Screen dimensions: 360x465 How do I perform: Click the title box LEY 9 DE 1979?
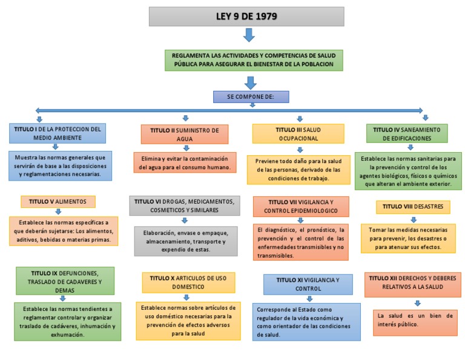246,16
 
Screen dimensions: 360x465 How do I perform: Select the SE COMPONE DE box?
251,97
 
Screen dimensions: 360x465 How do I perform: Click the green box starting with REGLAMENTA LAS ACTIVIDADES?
254,60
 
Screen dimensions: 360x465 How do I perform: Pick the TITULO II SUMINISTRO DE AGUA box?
185,134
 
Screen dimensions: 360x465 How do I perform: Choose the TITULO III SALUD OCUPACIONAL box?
298,134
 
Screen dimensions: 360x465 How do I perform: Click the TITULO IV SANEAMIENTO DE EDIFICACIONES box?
407,133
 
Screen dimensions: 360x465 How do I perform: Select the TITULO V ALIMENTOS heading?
58,201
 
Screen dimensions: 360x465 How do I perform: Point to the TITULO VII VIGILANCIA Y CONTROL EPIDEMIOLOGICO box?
301,206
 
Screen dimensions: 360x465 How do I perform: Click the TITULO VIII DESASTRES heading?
413,207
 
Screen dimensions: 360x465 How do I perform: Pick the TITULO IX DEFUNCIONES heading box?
64,281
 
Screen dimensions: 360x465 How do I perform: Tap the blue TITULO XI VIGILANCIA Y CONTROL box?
308,284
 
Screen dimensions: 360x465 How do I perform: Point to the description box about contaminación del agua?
185,162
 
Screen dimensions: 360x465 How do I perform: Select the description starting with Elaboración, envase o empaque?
185,241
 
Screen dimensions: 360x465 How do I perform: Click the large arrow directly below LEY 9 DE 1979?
249,35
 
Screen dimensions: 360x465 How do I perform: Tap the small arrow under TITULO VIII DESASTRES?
414,219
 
